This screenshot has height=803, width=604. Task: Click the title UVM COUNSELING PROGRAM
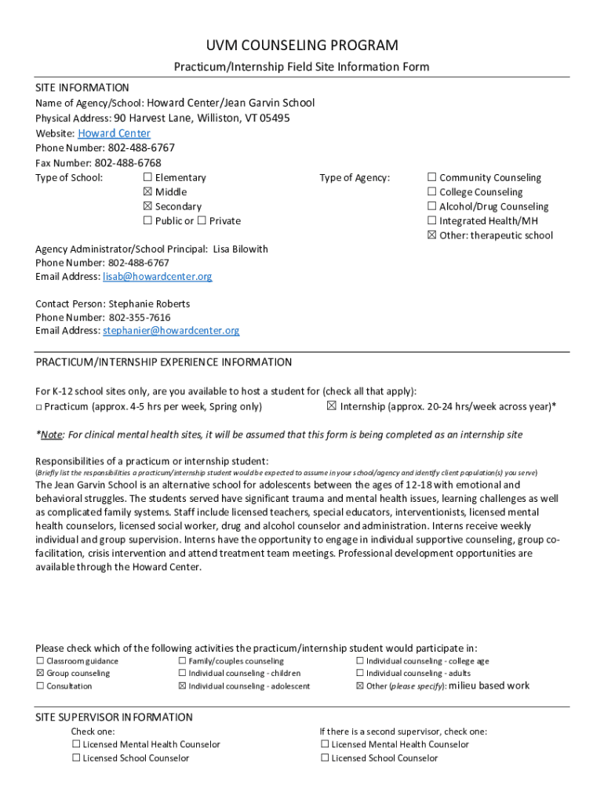302,45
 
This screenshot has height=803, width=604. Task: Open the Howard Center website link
114,133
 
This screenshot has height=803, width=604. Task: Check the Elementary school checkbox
147,178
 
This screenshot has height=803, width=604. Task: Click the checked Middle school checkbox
147,192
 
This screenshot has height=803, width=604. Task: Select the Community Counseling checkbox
431,178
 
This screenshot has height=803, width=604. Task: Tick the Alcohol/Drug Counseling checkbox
431,207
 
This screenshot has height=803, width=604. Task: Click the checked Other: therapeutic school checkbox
431,235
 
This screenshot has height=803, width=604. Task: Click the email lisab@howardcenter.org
157,277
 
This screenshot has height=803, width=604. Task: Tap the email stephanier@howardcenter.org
171,331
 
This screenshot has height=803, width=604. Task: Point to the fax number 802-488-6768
128,163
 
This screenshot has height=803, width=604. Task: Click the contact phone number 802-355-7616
139,318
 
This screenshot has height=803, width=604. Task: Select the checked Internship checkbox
331,406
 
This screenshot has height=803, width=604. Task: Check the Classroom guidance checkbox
40,661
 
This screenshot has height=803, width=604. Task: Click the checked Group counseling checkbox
40,674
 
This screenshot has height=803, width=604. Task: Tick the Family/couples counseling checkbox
182,661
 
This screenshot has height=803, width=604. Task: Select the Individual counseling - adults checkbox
360,674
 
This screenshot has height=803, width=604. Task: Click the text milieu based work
489,685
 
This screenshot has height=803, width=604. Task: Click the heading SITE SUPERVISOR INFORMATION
114,717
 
